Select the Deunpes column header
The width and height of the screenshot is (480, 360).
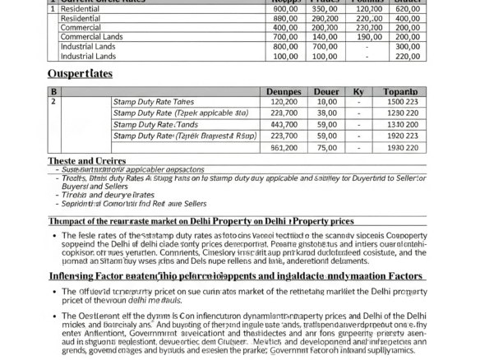[x=284, y=93]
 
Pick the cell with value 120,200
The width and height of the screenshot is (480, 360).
[x=284, y=101]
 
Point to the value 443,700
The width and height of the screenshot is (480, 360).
[x=284, y=124]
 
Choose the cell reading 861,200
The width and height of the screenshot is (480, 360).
[x=284, y=147]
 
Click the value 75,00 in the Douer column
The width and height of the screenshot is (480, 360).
[x=326, y=147]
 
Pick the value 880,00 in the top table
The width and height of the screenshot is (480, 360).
[x=285, y=18]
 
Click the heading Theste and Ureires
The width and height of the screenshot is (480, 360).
[x=86, y=161]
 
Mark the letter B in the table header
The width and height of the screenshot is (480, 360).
[x=54, y=93]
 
